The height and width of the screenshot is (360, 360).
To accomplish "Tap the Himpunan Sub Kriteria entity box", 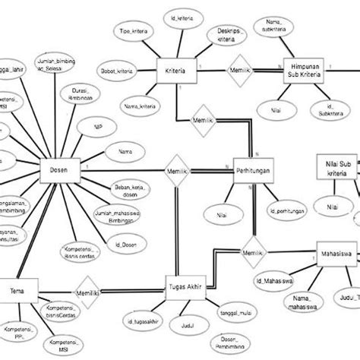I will click(x=302, y=70).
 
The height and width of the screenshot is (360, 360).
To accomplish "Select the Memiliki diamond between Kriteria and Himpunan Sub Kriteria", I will click(x=241, y=69).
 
